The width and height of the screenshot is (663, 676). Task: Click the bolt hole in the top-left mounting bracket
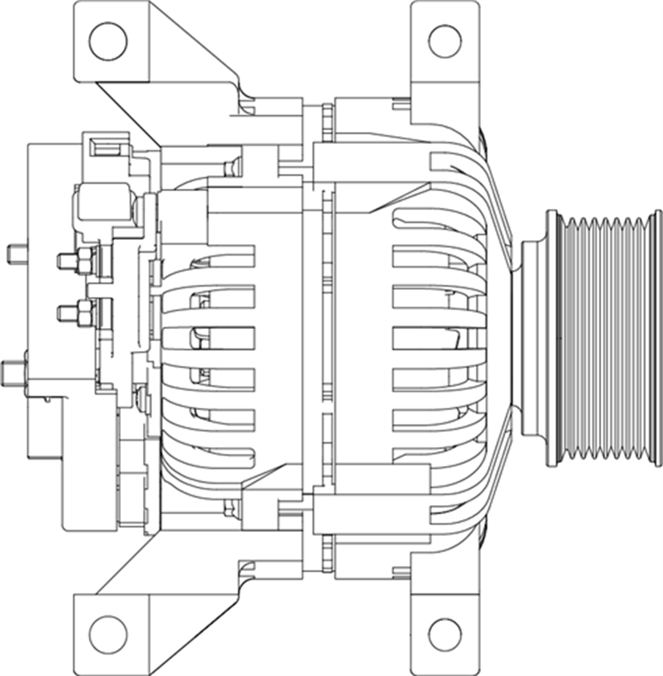pyautogui.click(x=108, y=40)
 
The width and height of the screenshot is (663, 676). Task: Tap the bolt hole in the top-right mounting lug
pyautogui.click(x=445, y=41)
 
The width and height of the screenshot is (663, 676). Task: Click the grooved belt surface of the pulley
pyautogui.click(x=603, y=338)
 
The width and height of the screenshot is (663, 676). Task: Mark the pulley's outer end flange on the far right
pyautogui.click(x=657, y=338)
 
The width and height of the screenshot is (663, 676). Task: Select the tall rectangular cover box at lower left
pyautogui.click(x=88, y=464)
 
